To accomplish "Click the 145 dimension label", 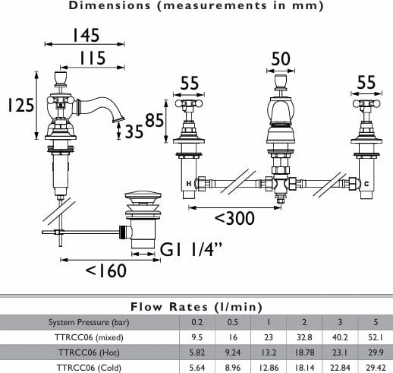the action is [86, 35].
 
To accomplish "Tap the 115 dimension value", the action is [93, 58].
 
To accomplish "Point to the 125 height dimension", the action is [20, 105].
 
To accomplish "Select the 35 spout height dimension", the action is [134, 131].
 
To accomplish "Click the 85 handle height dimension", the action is [155, 120].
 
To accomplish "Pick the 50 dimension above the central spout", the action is [281, 59].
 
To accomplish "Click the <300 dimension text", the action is [234, 218].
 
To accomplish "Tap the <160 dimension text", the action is [106, 270].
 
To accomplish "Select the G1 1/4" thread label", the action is [192, 249].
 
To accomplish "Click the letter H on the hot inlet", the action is [189, 184].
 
